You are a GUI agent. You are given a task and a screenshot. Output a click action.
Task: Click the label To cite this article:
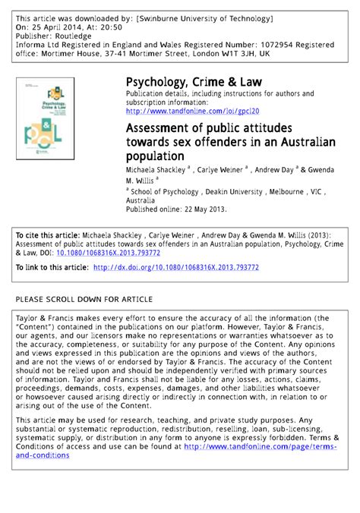pos(48,235)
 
